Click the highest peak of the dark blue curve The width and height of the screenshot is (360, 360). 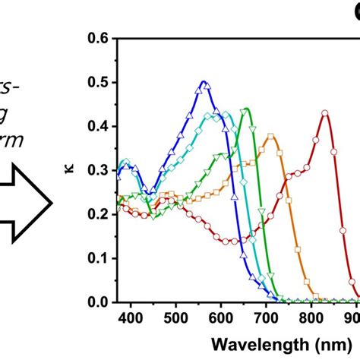[x=203, y=81]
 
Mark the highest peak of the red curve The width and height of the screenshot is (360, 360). [x=325, y=113]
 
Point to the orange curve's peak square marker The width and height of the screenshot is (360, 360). [x=270, y=137]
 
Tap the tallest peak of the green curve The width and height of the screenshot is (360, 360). [x=246, y=109]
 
